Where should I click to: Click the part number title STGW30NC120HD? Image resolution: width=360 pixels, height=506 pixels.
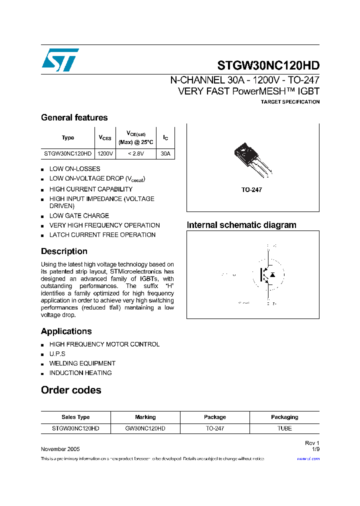coord(268,65)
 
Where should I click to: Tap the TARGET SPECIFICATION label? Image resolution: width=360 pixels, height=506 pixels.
coord(290,102)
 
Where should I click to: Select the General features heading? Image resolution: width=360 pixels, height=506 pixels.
coord(74,117)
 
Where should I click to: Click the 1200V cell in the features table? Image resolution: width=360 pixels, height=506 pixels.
coord(105,154)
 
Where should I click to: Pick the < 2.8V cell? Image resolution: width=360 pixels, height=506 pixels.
coord(135,154)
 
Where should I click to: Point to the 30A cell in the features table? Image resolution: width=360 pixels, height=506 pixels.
coord(165,154)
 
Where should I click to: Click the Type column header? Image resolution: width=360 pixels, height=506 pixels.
coord(68,137)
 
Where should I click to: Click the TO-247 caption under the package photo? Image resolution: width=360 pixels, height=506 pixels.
coord(252,190)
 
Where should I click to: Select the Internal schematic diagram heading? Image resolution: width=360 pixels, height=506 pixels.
coord(241,225)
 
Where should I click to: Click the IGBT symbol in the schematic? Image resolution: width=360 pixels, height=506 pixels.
coord(268,274)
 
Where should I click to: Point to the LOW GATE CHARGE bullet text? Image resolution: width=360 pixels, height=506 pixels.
coord(79,215)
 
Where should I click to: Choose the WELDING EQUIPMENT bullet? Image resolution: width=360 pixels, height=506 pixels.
coord(82,363)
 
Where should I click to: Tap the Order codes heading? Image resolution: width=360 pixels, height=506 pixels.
coord(71,390)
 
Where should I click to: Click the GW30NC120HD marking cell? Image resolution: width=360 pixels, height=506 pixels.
coord(145,428)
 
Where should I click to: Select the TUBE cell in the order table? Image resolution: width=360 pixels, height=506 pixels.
coord(284,428)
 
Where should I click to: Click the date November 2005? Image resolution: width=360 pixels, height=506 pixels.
coord(60,449)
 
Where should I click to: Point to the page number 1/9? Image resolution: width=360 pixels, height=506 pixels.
coord(315,449)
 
